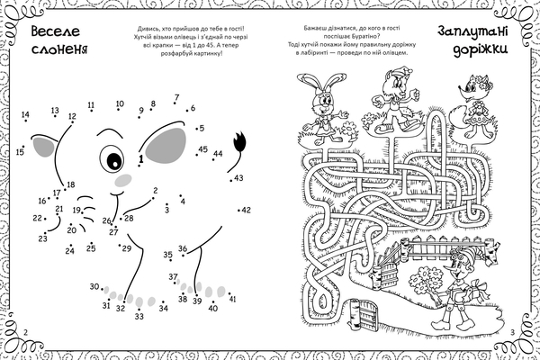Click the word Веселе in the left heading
[56, 31]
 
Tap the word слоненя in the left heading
[59, 49]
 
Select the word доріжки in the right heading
[480, 49]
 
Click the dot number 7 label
[177, 97]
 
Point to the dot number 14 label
[25, 114]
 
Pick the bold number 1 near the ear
[141, 158]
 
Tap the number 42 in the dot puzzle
[247, 210]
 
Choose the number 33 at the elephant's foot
[139, 316]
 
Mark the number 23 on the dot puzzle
[42, 238]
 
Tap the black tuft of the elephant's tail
[239, 140]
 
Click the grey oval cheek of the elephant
[123, 180]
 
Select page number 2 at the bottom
[25, 332]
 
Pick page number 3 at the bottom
[512, 332]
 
